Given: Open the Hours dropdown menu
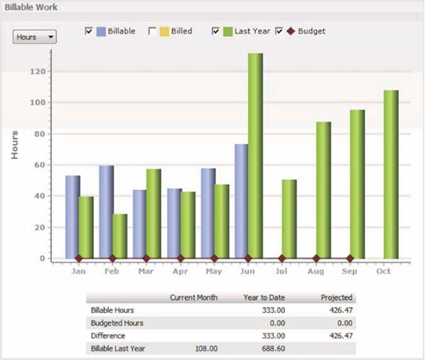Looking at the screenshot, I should pyautogui.click(x=35, y=36).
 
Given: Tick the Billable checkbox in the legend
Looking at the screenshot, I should pyautogui.click(x=90, y=31).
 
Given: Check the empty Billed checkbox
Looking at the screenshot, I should pyautogui.click(x=153, y=31).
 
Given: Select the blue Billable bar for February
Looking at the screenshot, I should pyautogui.click(x=106, y=211).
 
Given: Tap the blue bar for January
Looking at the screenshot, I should pyautogui.click(x=72, y=216).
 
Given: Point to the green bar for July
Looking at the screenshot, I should pyautogui.click(x=289, y=218).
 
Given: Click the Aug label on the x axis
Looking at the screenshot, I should pyautogui.click(x=316, y=270).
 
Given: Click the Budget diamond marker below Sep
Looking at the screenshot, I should pyautogui.click(x=350, y=258).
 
